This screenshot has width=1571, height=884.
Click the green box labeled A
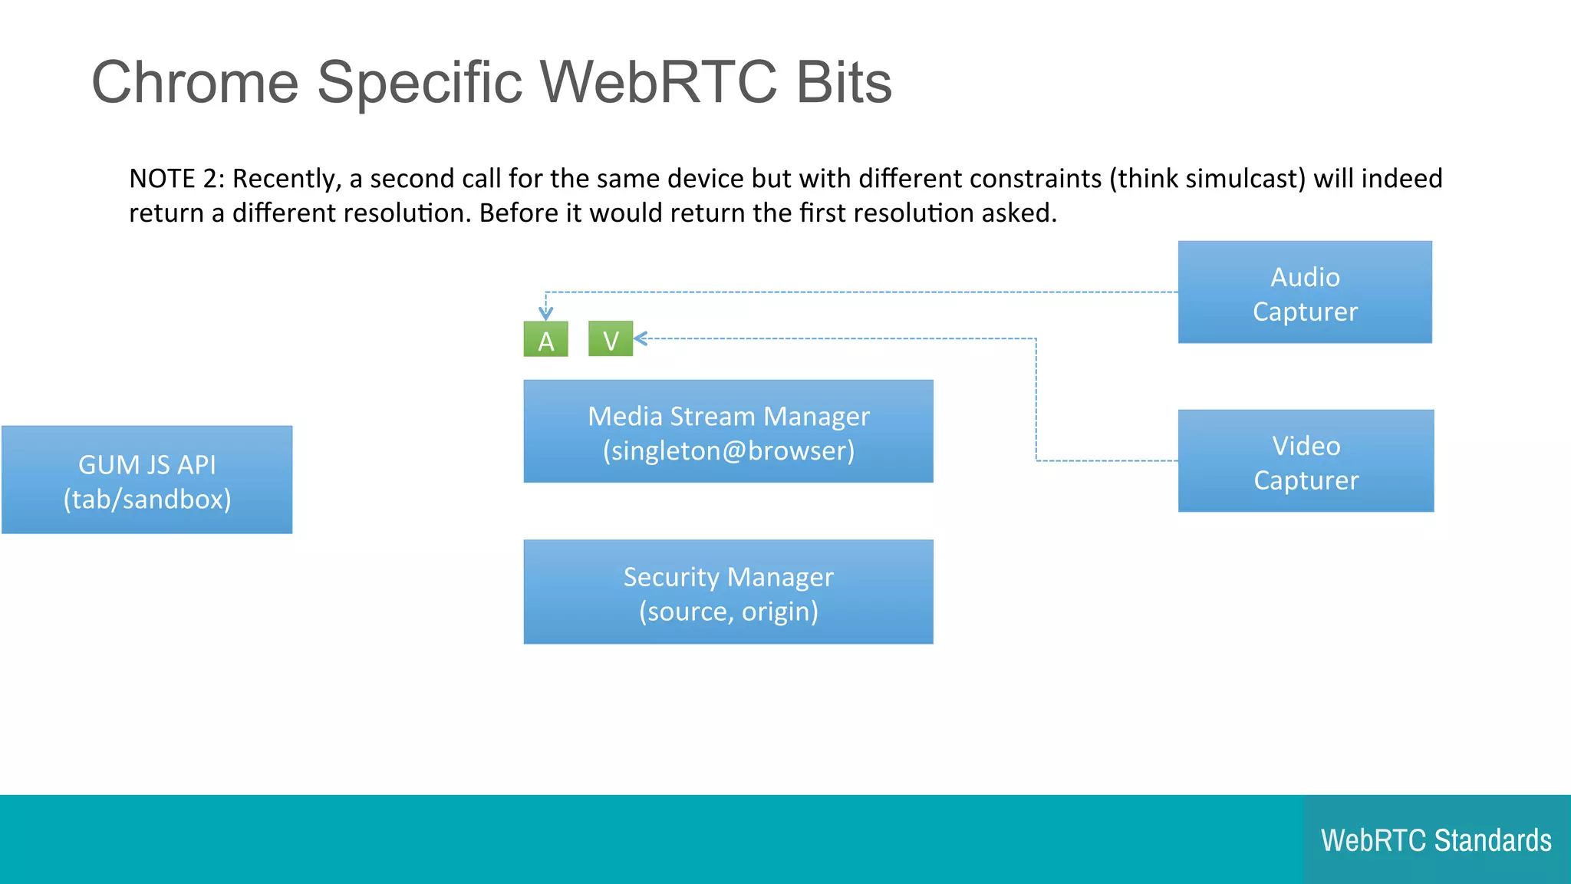pos(545,339)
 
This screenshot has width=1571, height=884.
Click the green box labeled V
pos(611,339)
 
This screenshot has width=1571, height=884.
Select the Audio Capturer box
pos(1305,292)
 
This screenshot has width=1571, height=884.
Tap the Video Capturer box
pos(1306,461)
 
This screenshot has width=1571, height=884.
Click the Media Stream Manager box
pos(728,431)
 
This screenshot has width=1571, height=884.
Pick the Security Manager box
pos(728,592)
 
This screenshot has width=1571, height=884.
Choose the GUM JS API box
pos(147,480)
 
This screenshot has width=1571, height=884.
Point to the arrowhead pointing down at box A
pos(545,313)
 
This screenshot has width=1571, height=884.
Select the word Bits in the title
pos(844,82)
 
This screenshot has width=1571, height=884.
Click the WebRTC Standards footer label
pos(1436,840)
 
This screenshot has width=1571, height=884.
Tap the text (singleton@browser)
pos(728,450)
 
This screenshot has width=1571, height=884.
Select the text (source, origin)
pos(728,612)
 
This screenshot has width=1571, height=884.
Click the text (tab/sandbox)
pos(147,500)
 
